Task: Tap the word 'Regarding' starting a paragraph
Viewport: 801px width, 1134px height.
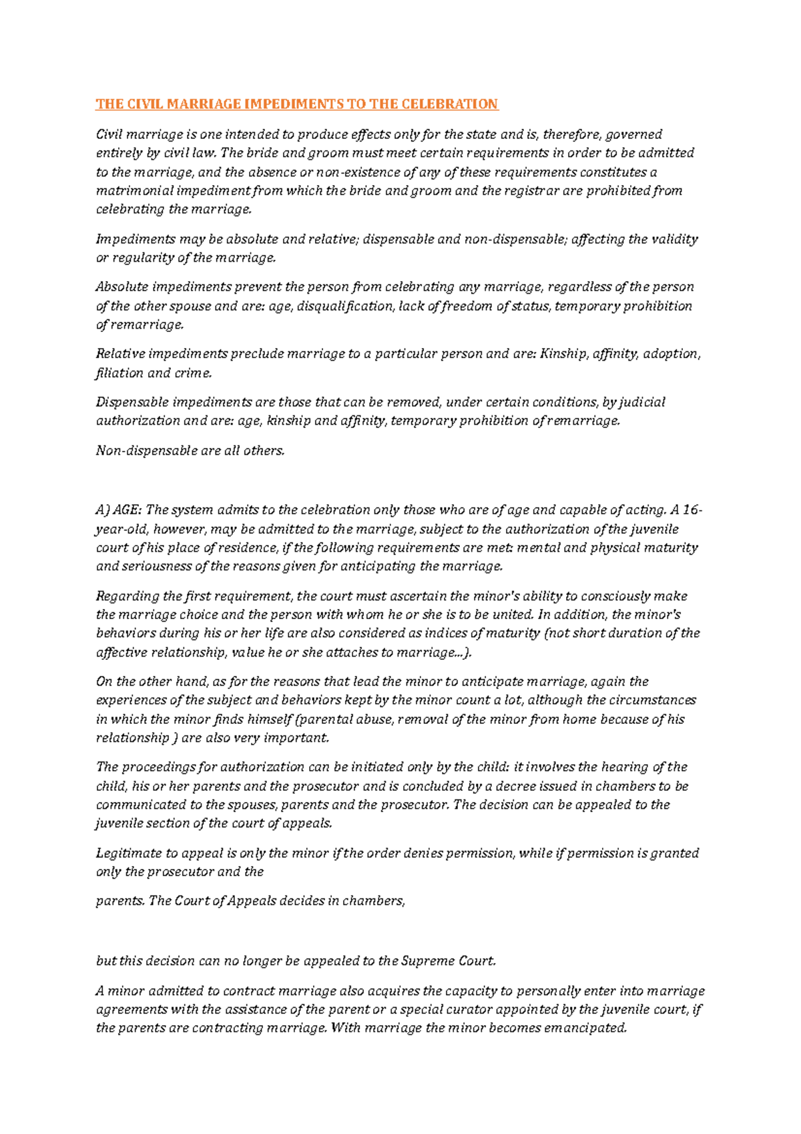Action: [127, 596]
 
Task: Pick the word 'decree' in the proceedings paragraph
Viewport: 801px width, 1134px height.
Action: [515, 787]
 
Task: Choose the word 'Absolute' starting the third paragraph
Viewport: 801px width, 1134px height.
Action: [121, 287]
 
